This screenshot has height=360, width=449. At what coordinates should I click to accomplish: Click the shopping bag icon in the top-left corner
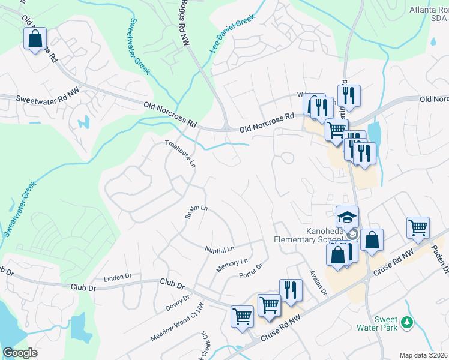(35, 39)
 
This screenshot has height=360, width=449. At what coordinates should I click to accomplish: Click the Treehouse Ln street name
(181, 154)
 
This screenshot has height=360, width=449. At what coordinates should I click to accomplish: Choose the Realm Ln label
(196, 213)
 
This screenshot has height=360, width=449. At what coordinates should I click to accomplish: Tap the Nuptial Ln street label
(219, 248)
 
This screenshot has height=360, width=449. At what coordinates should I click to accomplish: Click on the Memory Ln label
(232, 265)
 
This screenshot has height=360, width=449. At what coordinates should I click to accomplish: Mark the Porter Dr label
(251, 271)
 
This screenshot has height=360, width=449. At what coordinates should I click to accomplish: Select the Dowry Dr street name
(177, 303)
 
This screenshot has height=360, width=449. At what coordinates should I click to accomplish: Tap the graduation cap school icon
(347, 217)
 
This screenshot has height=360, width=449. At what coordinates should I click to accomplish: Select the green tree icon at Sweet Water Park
(408, 322)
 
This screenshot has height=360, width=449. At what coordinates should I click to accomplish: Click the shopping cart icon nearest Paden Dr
(418, 227)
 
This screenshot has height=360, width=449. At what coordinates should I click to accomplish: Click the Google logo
(20, 353)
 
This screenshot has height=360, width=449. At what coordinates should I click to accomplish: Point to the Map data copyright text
(423, 355)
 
